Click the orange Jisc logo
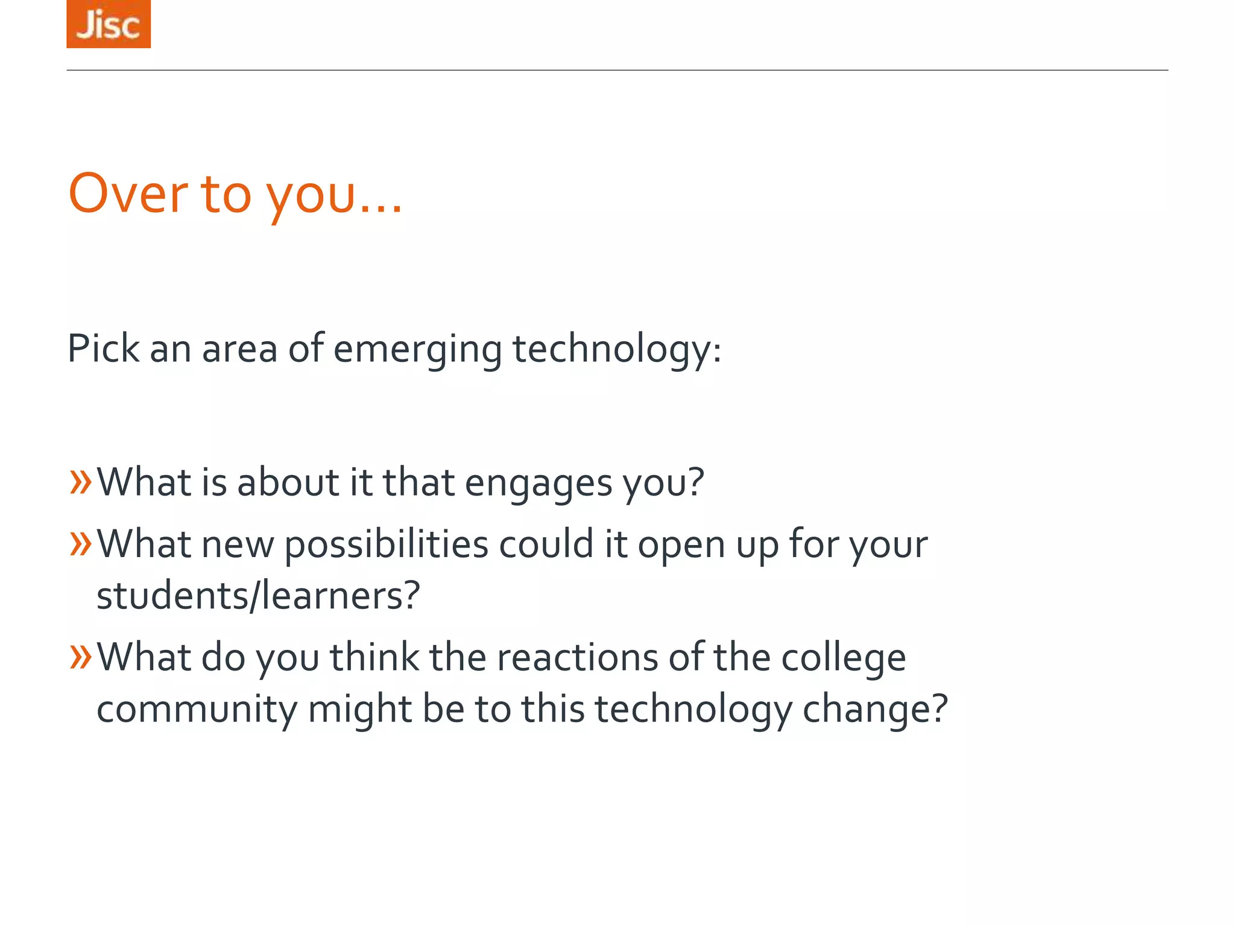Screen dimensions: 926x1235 109,24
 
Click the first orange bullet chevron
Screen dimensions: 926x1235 81,482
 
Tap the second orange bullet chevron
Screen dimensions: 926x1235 81,543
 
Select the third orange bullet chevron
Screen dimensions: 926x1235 81,657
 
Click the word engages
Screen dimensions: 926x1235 539,484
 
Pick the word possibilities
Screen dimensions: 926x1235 386,545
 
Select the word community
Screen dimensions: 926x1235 197,710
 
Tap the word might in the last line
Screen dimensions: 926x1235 359,710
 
